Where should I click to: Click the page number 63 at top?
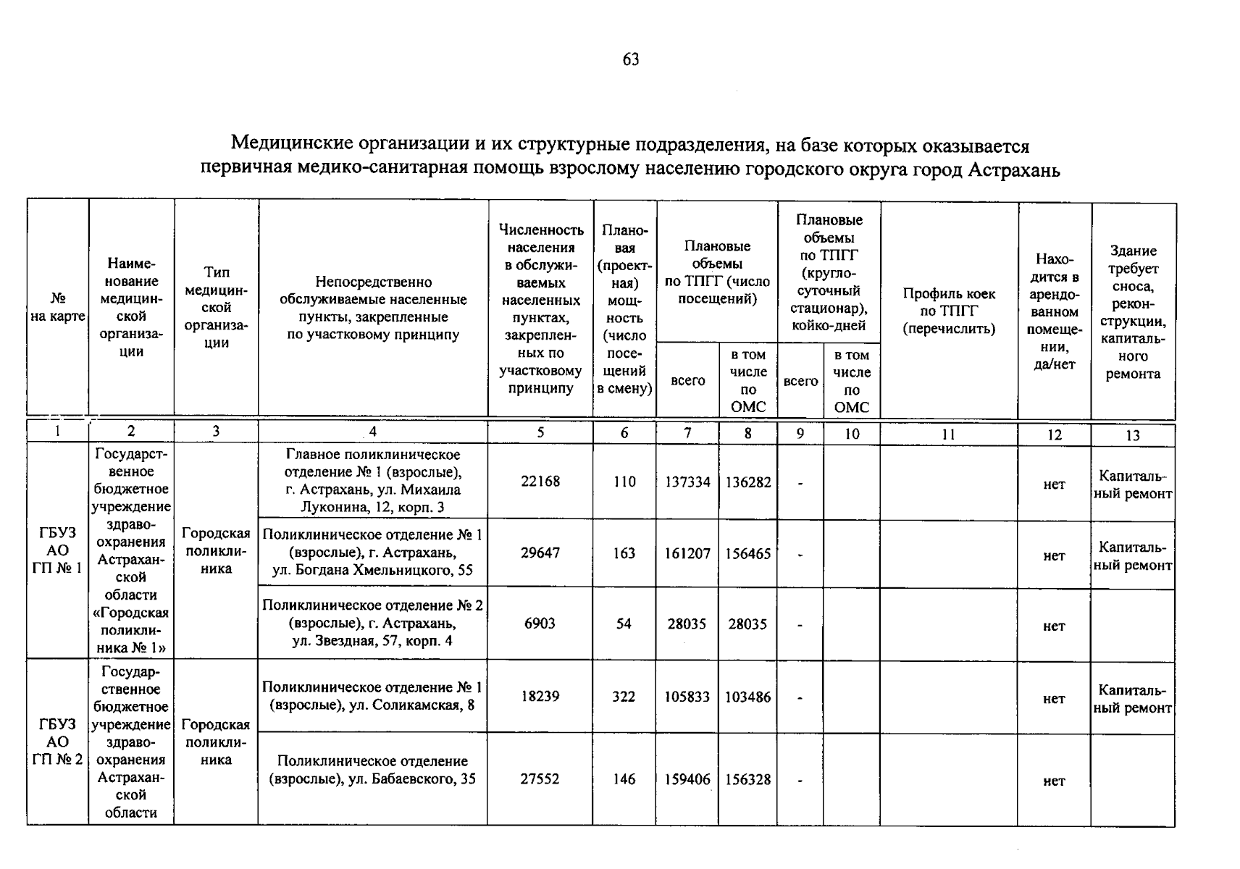[630, 59]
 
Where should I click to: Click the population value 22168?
[540, 482]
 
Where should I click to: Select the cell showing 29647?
[540, 553]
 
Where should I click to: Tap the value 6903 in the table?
[540, 624]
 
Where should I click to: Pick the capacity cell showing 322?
[624, 697]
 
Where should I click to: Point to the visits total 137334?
[687, 482]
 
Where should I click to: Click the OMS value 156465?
[748, 553]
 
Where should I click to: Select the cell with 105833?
[687, 697]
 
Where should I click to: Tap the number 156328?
[748, 779]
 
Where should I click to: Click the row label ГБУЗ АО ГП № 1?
[57, 550]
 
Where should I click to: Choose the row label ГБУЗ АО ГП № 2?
[57, 742]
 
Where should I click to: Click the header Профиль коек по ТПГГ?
[949, 311]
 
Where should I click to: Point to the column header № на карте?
[57, 307]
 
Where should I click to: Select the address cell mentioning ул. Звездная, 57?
[372, 624]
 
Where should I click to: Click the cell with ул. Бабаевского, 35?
[372, 770]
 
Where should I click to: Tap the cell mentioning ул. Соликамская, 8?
[372, 696]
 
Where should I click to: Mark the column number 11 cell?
[949, 434]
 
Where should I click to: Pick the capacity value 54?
[624, 624]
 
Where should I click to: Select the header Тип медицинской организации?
[216, 307]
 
